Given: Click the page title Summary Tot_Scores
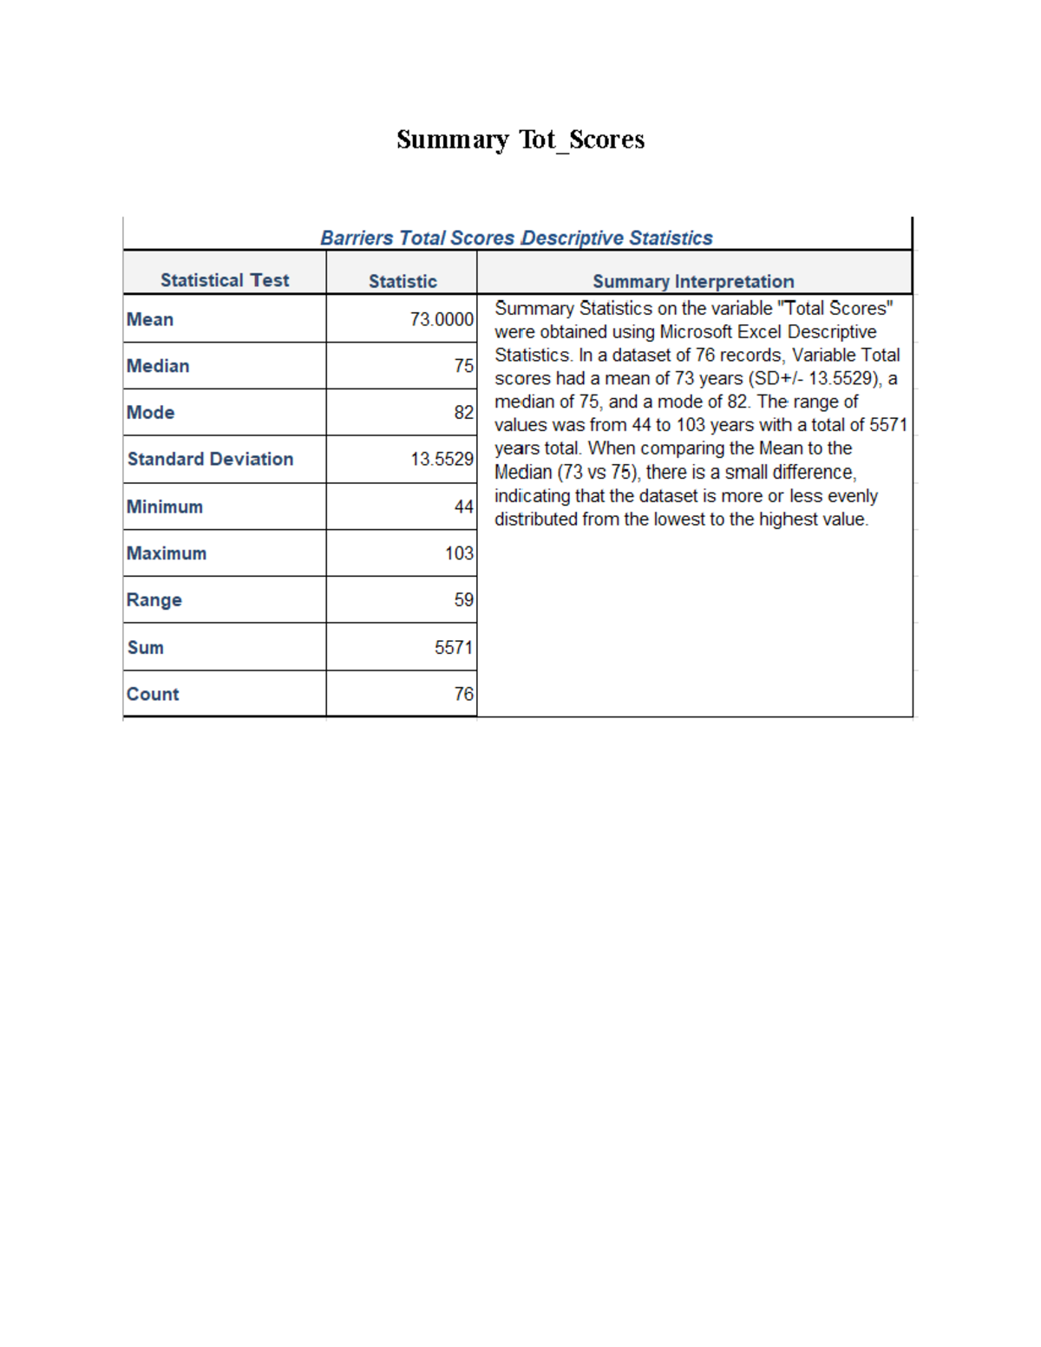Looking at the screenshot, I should coord(520,140).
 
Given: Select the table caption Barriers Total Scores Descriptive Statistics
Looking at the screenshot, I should coord(516,238).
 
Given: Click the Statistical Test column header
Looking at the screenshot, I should coord(225,280).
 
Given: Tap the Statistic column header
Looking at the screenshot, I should coord(403,281).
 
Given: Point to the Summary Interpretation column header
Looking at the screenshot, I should coord(693,281).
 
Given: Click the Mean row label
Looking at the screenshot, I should coord(150,319).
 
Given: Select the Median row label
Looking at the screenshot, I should coord(158,366).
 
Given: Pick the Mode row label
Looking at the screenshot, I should coord(151,413).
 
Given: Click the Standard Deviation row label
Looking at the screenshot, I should coord(210,459).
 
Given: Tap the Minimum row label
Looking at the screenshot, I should coord(165,507).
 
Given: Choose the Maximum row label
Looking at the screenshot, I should coord(167,553).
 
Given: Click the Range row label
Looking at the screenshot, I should coord(154,600).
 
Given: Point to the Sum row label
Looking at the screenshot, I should coord(146,648).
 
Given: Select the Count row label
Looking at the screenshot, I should coord(153,694).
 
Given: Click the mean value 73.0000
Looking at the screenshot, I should coord(442,320).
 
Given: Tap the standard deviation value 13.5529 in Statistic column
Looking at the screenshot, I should coord(442,460).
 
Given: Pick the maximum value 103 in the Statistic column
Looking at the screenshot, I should coord(459,553).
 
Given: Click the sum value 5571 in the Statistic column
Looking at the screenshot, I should coord(454,648).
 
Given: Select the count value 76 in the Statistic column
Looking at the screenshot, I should coord(464,694).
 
